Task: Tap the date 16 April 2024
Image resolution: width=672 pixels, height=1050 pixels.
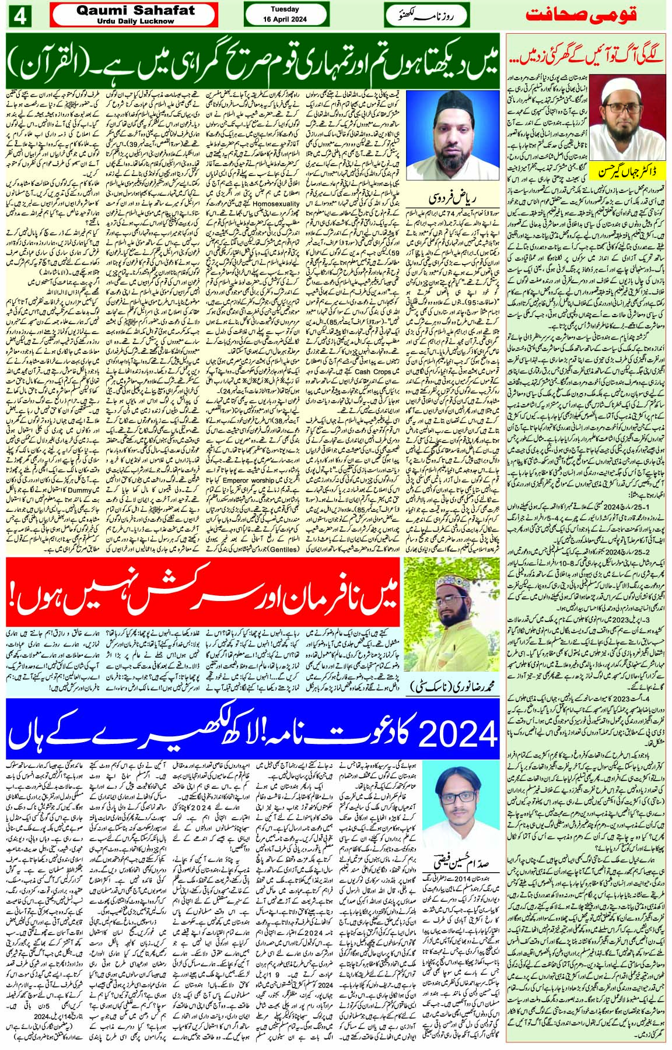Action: coord(285,20)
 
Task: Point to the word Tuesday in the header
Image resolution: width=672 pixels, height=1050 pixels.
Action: coord(285,9)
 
